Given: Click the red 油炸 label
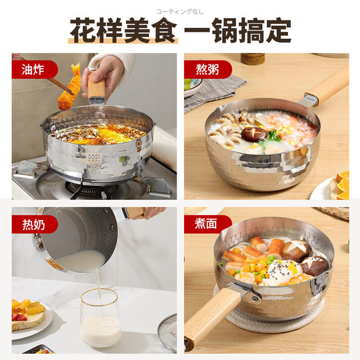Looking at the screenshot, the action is (x=34, y=69).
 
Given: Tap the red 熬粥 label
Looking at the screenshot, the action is (x=208, y=69).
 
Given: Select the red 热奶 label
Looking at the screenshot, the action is (x=34, y=224).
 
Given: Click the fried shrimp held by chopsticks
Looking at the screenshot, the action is (x=69, y=88).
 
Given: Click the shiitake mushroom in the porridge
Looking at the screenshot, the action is (x=254, y=134).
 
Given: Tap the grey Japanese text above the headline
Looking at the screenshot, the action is (x=180, y=12).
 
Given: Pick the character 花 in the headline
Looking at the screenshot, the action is (x=83, y=30).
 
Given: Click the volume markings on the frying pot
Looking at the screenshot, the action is (x=94, y=164).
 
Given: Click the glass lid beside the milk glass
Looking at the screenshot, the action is (x=167, y=333).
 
